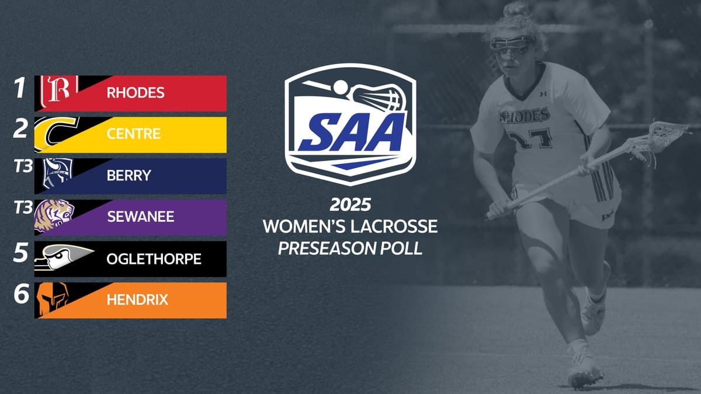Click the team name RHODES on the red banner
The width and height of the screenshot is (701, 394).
(x=136, y=93)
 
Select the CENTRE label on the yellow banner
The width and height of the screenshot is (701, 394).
(x=134, y=134)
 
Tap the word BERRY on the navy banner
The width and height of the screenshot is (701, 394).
(x=129, y=176)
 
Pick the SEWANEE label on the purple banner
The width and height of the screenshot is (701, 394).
(x=141, y=217)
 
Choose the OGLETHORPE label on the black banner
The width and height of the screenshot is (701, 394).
(x=154, y=259)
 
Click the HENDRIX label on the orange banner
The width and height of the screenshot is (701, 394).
(x=137, y=300)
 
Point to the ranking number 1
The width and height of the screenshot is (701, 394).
(x=20, y=88)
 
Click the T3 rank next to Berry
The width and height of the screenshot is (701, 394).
(x=23, y=166)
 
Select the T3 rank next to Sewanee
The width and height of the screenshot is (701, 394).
(x=23, y=208)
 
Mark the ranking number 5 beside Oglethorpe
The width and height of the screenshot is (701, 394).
(x=20, y=253)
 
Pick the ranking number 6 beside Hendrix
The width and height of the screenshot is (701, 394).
(x=21, y=294)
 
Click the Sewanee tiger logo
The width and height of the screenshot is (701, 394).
(x=54, y=216)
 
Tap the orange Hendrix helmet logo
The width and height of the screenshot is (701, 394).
(x=52, y=299)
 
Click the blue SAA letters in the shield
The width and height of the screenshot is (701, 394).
(x=351, y=133)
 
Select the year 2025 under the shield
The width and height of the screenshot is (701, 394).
(x=350, y=205)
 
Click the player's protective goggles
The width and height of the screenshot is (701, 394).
(x=512, y=44)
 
